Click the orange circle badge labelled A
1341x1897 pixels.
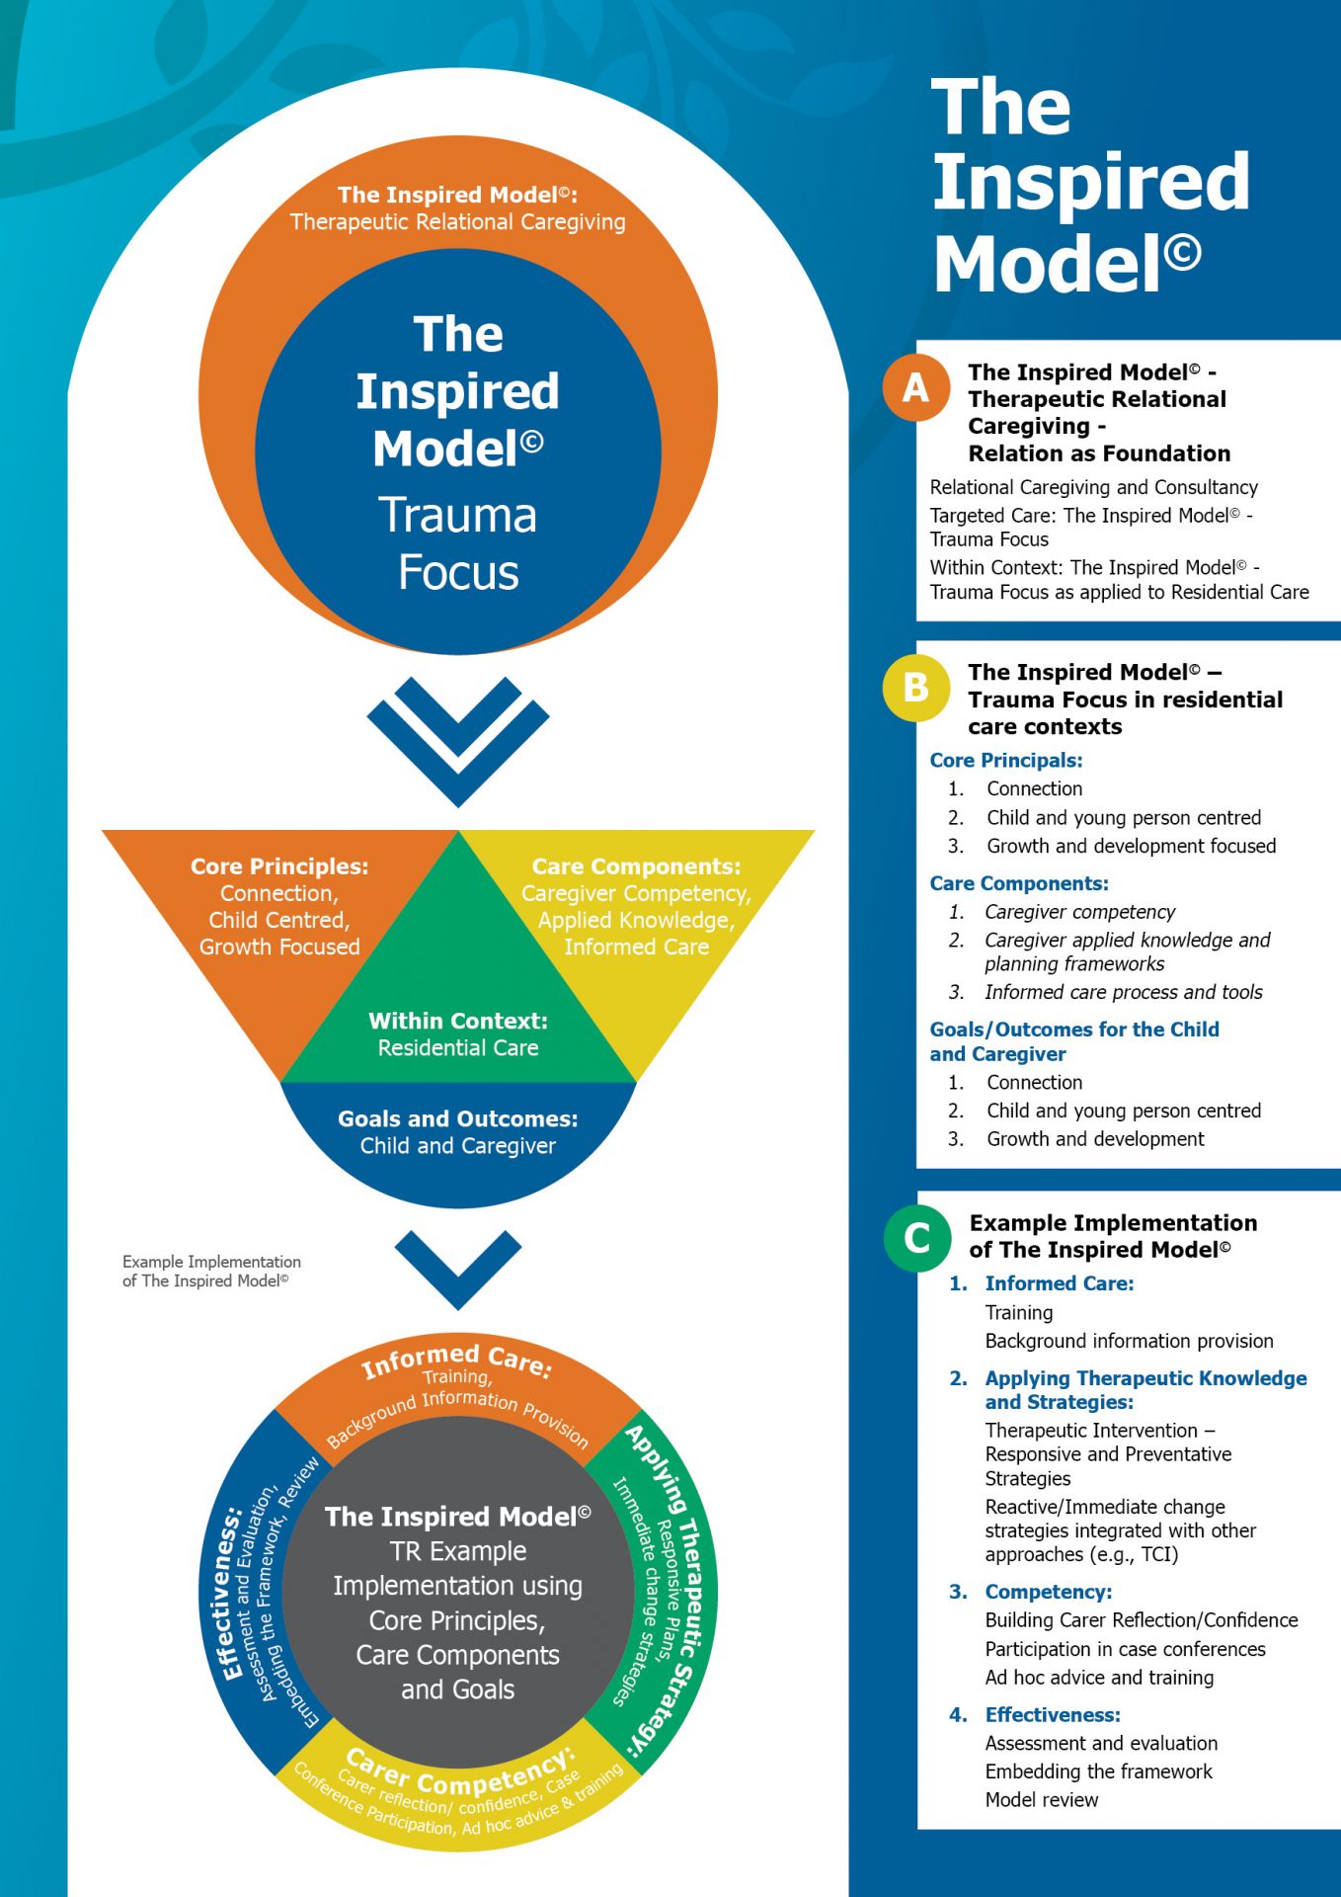pos(916,387)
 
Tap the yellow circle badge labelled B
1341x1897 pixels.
pos(916,687)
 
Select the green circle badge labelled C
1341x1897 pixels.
pos(916,1237)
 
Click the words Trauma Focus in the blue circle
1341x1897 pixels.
pos(458,543)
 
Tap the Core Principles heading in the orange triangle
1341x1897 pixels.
pos(279,866)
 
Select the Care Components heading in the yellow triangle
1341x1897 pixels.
pos(636,866)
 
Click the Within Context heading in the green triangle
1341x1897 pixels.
pos(458,1021)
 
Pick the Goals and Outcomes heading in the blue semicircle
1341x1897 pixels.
pos(458,1118)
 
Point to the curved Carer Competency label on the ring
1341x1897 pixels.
pos(460,1774)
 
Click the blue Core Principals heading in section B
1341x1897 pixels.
pos(1006,761)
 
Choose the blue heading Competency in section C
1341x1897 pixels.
pos(1049,1592)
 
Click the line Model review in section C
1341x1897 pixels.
pos(1042,1799)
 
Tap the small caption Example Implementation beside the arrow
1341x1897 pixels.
pos(211,1271)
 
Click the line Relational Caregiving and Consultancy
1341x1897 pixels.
pos(1094,487)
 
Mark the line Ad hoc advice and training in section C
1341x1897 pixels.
pos(1099,1677)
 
